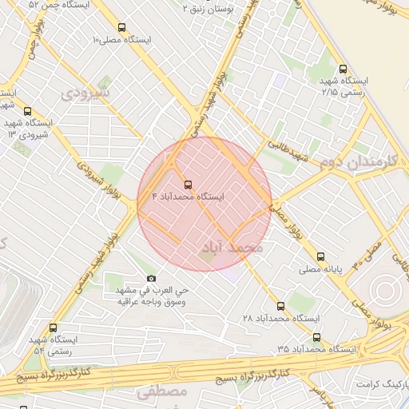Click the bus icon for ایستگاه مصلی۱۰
pos(121,27)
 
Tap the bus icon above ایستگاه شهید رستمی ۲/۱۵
pos(342,69)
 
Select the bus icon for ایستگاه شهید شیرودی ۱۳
pos(28,112)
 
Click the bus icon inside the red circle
pos(188,184)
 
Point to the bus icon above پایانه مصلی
pos(320,257)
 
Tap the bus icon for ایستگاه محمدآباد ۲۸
pos(280,306)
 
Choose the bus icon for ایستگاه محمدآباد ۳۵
pos(316,337)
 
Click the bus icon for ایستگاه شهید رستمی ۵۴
pos(53,328)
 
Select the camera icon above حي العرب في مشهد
pos(151,278)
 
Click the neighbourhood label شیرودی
pos(84,93)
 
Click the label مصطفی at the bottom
pos(161,392)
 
